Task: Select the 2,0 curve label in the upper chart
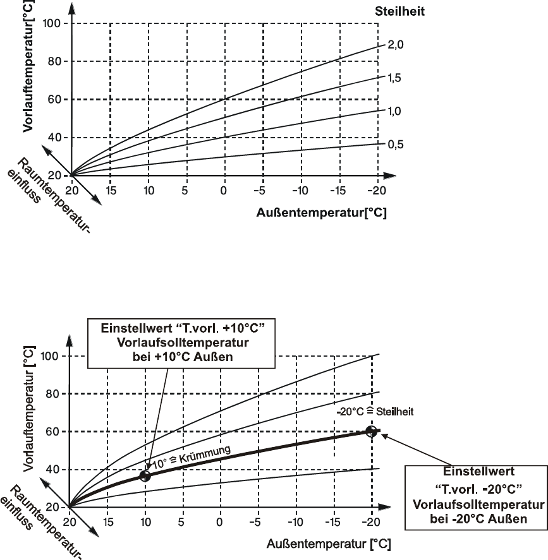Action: tap(394, 45)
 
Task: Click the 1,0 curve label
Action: tap(394, 111)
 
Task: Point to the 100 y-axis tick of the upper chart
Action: tap(51, 23)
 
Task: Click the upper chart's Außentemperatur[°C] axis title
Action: tap(321, 213)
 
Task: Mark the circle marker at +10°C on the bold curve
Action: tap(145, 475)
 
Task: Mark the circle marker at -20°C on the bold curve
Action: tap(372, 431)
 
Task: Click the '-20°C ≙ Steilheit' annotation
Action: tap(375, 411)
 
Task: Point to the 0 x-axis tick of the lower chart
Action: tap(220, 523)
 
